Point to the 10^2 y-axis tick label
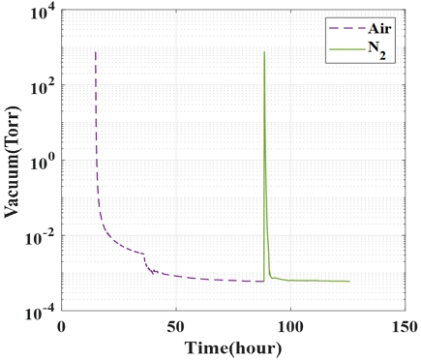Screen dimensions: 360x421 pyautogui.click(x=41, y=85)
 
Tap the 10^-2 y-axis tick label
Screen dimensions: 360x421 pyautogui.click(x=39, y=236)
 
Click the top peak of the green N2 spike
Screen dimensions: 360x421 pyautogui.click(x=264, y=51)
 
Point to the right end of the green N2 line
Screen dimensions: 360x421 pyautogui.click(x=348, y=282)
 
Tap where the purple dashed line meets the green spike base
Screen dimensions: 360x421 pyautogui.click(x=263, y=281)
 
